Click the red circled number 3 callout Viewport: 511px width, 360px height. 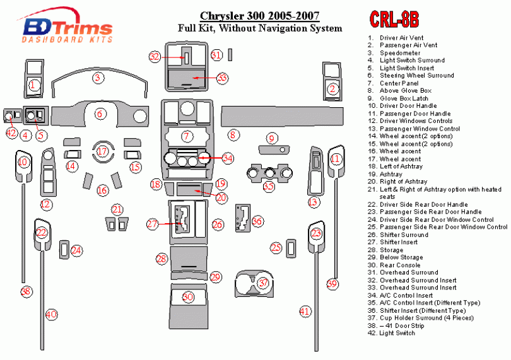pos(98,78)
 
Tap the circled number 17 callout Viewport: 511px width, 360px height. pos(102,151)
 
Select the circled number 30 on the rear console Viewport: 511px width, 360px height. pos(187,297)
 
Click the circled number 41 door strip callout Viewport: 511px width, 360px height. pos(305,311)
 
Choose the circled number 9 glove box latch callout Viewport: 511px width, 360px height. pos(272,138)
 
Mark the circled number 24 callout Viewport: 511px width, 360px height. pos(76,250)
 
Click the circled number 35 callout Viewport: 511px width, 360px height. pos(269,187)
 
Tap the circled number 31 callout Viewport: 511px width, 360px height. pos(216,55)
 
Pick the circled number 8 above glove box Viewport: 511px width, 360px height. pos(233,134)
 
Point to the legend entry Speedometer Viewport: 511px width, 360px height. pos(400,53)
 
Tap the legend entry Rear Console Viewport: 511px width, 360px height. pos(402,265)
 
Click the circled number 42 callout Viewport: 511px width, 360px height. pos(11,133)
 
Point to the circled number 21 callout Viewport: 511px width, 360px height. pos(117,209)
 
